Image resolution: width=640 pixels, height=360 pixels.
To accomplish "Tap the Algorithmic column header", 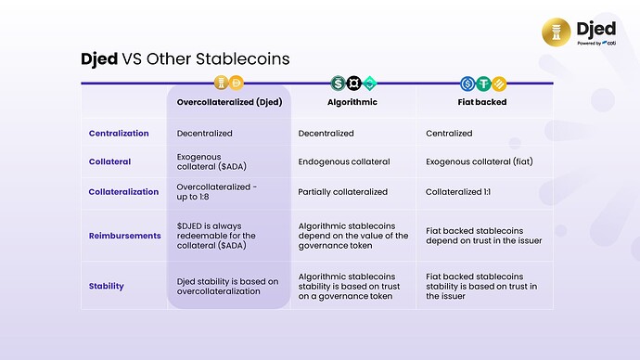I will [x=352, y=102].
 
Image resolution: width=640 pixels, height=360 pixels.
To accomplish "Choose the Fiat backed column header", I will [x=483, y=102].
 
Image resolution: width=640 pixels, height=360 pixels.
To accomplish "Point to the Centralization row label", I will [x=119, y=134].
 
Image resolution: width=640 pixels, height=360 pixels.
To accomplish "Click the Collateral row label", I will [x=109, y=161].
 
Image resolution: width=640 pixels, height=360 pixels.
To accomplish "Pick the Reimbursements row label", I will [x=124, y=236].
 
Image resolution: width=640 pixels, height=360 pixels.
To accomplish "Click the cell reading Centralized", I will [x=449, y=134].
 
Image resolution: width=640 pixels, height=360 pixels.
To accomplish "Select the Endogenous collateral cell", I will [x=343, y=161].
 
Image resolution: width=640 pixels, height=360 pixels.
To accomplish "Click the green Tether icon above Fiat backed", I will [x=484, y=83].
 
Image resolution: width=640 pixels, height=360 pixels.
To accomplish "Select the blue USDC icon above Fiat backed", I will [x=468, y=83].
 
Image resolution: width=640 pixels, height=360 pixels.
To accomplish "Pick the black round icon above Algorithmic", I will [x=352, y=83].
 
